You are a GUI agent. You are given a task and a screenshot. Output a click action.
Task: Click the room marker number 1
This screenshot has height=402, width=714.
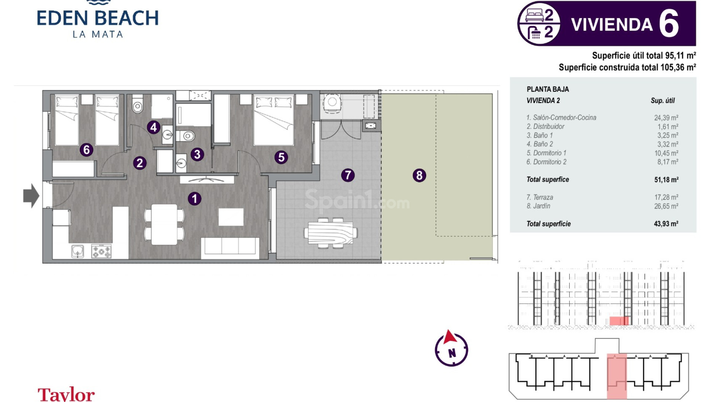[194, 199]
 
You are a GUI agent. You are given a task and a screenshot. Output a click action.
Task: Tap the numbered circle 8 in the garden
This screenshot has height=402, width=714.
[419, 175]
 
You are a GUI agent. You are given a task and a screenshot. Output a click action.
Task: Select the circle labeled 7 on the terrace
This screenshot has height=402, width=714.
[348, 175]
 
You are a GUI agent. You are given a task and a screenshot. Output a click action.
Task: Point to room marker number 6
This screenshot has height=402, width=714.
[86, 150]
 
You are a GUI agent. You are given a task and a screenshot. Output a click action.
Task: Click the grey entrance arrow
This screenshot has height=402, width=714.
[31, 195]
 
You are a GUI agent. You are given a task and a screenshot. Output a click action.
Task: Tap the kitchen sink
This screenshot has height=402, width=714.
[77, 251]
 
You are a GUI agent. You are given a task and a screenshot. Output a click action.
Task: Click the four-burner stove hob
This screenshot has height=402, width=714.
[102, 251]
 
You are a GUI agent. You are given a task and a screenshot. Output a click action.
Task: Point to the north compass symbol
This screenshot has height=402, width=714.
[451, 349]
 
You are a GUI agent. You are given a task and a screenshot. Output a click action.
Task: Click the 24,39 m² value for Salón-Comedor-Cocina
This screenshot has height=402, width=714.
[666, 118]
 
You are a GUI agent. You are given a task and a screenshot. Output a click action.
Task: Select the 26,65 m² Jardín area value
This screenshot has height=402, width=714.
[666, 206]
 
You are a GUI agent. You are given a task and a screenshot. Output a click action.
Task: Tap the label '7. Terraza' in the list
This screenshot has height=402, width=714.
[540, 197]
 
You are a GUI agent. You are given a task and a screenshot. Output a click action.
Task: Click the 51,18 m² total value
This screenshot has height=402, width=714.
[666, 180]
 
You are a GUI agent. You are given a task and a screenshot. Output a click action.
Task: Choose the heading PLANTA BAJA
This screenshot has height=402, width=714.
[547, 89]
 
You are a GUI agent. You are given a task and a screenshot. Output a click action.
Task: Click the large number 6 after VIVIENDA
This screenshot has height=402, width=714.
[669, 24]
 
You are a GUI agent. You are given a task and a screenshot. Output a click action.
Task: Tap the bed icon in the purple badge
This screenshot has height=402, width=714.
[534, 15]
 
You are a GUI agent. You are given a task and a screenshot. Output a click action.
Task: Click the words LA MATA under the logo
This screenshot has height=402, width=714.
[97, 35]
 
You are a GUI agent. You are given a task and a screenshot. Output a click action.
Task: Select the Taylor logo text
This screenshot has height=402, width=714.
[66, 394]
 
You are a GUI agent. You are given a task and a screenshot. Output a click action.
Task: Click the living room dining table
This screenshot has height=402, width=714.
[164, 224]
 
